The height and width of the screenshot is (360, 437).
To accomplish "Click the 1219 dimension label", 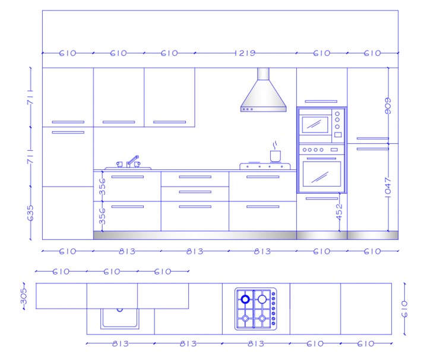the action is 245,53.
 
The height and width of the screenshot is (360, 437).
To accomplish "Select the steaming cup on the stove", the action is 275,152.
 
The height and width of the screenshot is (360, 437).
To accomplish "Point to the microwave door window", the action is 315,125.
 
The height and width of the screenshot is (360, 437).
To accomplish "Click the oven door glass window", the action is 322,174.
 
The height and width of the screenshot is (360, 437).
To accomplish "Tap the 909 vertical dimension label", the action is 388,106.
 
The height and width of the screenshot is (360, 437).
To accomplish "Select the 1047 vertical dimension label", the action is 388,187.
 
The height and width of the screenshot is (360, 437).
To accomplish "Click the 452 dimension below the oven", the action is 339,211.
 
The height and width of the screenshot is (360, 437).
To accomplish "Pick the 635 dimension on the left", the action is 30,213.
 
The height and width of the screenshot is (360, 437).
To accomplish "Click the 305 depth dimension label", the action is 24,296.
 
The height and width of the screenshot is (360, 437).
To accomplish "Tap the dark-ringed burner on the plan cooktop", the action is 245,299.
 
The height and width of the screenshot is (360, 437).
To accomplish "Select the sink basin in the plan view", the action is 120,318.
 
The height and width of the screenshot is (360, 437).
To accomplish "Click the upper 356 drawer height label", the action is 103,187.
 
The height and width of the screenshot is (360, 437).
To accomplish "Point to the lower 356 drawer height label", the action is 103,216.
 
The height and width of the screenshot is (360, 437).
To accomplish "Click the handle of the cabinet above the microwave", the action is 321,102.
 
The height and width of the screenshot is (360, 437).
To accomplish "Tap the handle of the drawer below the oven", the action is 322,198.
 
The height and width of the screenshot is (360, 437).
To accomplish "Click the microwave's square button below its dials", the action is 338,135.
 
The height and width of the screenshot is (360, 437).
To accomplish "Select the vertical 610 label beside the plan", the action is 404,309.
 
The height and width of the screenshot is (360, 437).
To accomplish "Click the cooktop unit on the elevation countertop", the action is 265,166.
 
